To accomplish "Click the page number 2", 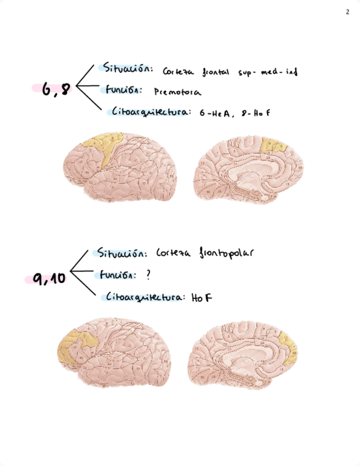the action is coord(347,12).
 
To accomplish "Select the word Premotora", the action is coord(177,93).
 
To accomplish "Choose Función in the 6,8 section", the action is coord(121,90).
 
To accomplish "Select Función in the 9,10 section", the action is coord(118,275).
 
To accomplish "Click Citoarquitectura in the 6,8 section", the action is coord(151,112).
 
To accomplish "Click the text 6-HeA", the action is coord(216,113).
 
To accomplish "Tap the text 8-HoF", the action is coord(255,113).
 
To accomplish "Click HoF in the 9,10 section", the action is coord(202,298).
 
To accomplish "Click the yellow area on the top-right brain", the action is coord(273,146).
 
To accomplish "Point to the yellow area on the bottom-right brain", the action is coord(288,347).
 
